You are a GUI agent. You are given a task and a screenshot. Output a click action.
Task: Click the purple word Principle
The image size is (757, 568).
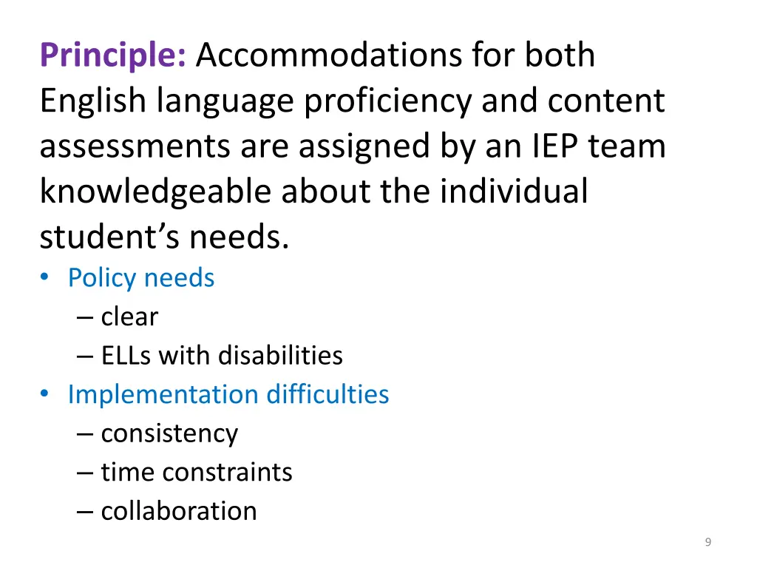coord(113,56)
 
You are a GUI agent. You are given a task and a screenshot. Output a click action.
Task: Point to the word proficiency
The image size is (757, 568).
coord(387,101)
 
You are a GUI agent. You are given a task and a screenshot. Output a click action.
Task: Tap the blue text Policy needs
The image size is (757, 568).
coord(141,278)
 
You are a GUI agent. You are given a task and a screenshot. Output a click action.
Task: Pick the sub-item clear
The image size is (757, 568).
coord(129,317)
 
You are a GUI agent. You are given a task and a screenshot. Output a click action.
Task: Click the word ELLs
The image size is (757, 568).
coord(126,356)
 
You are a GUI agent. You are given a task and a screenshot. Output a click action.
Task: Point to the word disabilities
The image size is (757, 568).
coord(280,356)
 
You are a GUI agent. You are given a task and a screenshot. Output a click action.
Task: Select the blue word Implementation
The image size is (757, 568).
coord(163,394)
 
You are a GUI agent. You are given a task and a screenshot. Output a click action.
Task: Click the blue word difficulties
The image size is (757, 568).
coord(327,394)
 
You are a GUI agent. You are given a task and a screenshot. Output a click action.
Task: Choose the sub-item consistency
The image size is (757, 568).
coord(169,433)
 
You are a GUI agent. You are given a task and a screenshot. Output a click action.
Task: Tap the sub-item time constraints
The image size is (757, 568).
coord(197,472)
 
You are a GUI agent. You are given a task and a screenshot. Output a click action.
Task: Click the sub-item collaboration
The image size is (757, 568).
coord(179,511)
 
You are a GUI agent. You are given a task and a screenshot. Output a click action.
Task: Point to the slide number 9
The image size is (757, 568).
coord(708,543)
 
